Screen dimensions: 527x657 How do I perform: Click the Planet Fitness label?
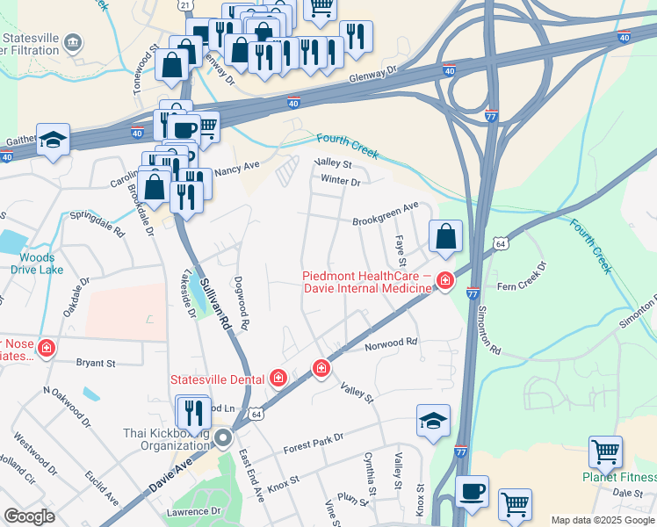pyautogui.click(x=619, y=477)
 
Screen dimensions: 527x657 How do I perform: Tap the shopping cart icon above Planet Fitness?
pyautogui.click(x=606, y=453)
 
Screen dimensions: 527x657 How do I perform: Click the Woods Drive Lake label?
pyautogui.click(x=37, y=263)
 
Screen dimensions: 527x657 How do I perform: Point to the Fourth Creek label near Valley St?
pyautogui.click(x=347, y=146)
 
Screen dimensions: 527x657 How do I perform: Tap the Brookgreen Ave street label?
pyautogui.click(x=386, y=214)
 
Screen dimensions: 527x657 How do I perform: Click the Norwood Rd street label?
pyautogui.click(x=391, y=342)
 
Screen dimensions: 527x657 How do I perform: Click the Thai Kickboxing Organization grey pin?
pyautogui.click(x=224, y=437)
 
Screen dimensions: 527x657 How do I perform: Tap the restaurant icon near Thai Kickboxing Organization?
pyautogui.click(x=193, y=411)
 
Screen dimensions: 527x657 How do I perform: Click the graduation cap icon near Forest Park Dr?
pyautogui.click(x=433, y=421)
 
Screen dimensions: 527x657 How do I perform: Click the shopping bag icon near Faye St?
pyautogui.click(x=445, y=236)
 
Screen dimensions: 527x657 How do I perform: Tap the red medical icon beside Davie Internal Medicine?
pyautogui.click(x=446, y=281)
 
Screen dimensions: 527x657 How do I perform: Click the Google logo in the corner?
pyautogui.click(x=29, y=516)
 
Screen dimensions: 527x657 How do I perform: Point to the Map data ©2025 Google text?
pyautogui.click(x=603, y=521)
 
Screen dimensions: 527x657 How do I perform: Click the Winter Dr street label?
pyautogui.click(x=341, y=182)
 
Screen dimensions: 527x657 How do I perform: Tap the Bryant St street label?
pyautogui.click(x=97, y=362)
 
